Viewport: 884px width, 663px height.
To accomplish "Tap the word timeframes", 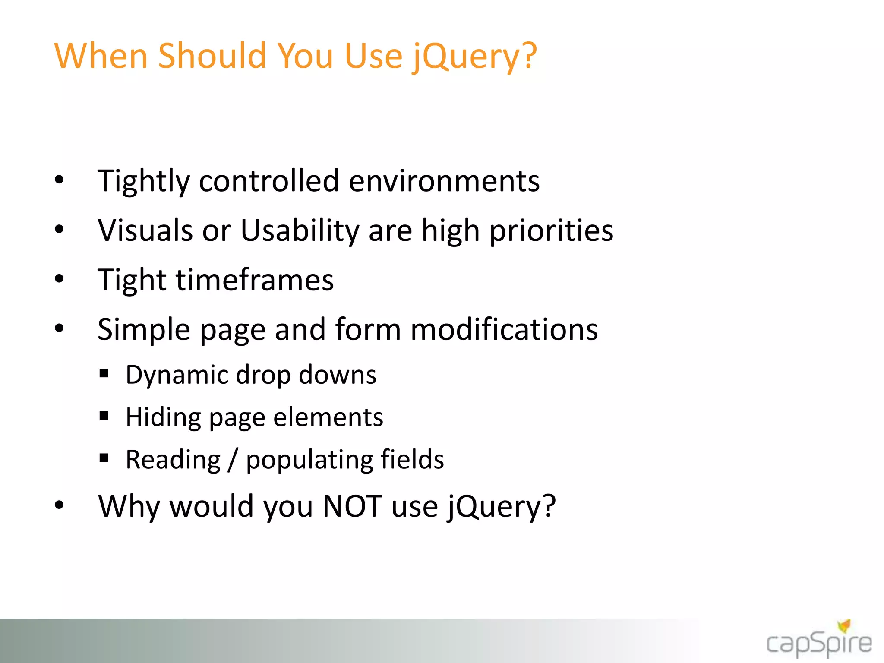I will coord(255,280).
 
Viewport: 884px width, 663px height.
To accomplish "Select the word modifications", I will coord(504,329).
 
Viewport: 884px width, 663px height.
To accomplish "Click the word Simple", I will coord(144,329).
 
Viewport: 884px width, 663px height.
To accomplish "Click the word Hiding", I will coord(163,417).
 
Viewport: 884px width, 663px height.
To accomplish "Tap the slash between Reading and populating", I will coord(233,460).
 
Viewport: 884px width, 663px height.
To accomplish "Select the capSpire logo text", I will coord(819,644).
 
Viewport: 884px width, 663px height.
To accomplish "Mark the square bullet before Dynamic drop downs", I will coord(104,373).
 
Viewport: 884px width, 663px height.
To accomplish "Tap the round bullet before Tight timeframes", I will coord(59,279).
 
